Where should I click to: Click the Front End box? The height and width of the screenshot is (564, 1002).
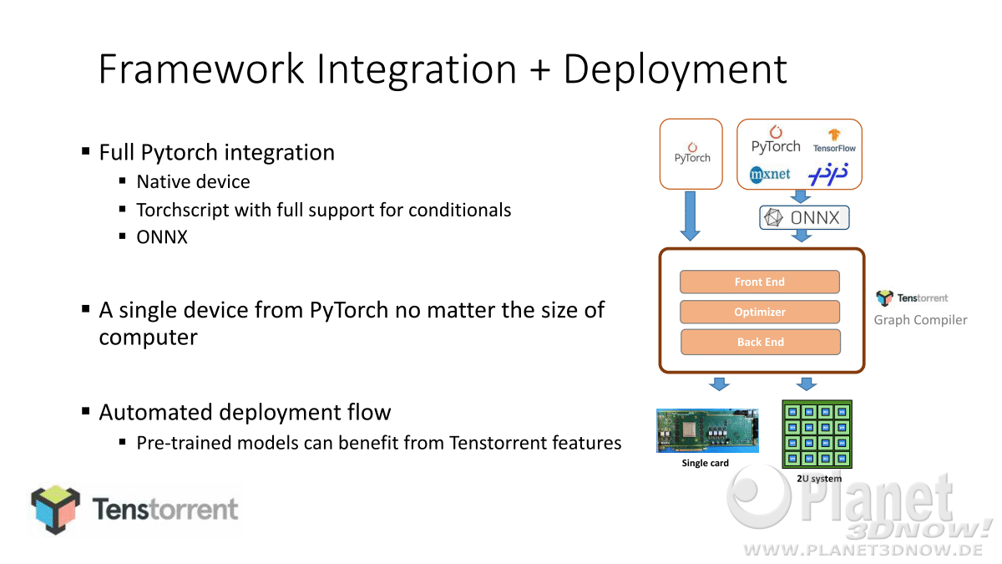pos(760,282)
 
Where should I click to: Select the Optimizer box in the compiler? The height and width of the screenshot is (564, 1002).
pos(760,312)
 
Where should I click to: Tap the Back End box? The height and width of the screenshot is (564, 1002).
pos(761,342)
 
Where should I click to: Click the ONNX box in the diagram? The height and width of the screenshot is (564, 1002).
pos(804,217)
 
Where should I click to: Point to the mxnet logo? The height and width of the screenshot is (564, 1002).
pos(770,174)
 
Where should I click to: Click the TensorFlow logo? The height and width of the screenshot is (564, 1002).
pos(834,141)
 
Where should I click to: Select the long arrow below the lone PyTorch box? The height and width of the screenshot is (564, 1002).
pos(691,216)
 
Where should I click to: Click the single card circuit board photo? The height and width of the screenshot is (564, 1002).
pos(707,430)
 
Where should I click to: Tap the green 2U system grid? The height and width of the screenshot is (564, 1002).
pos(817,434)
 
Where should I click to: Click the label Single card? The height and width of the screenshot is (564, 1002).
pos(705,463)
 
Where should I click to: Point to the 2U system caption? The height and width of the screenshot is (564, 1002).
pos(819,479)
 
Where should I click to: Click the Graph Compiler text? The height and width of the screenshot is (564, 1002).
pos(920,320)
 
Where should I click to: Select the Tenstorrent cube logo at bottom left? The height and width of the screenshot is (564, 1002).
pos(56,510)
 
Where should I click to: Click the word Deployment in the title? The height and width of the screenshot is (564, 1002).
pos(675,69)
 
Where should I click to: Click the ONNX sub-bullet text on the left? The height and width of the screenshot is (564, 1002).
pos(162,237)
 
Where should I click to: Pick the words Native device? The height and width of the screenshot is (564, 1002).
pos(193,182)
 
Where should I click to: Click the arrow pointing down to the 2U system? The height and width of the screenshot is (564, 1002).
pos(807,384)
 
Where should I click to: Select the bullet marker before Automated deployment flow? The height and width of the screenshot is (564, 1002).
pos(86,411)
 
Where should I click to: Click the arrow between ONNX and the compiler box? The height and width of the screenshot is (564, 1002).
pos(802,236)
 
